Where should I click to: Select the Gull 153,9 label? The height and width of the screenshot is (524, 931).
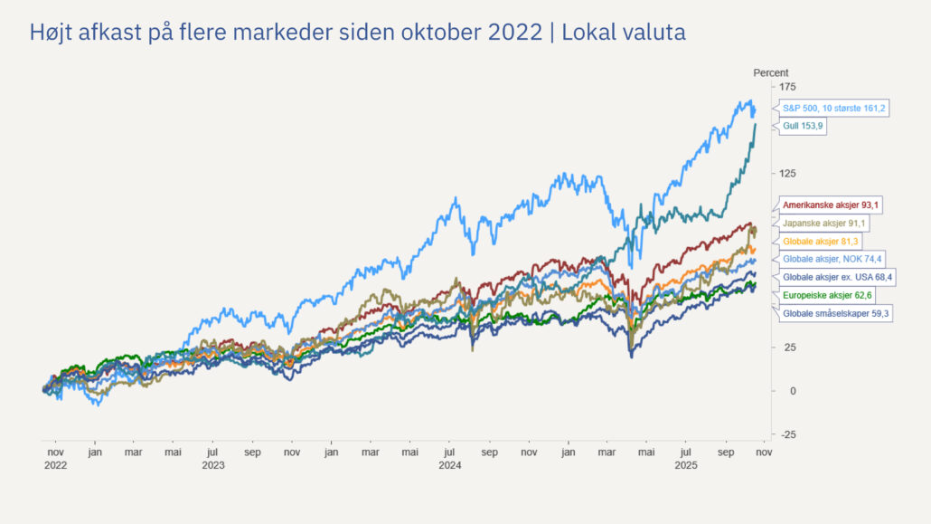804,126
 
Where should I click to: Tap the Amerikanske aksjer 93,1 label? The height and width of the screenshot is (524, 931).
832,205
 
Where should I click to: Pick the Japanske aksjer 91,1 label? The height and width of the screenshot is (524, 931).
827,224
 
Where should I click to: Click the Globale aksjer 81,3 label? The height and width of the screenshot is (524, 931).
821,242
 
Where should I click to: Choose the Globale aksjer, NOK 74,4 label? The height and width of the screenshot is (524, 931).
832,259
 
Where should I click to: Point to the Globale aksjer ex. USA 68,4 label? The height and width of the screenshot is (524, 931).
838,277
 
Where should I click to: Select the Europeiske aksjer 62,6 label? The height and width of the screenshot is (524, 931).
827,295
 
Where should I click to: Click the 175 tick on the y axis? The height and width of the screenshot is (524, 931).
787,87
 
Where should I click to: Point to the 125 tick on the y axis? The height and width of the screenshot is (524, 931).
787,174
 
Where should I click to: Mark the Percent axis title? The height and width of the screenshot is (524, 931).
771,72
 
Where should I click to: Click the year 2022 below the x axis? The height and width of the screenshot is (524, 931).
55,464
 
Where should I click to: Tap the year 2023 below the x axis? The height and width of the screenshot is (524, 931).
213,464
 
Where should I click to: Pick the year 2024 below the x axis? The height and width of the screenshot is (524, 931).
449,464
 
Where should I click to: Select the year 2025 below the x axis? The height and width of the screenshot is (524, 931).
686,464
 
